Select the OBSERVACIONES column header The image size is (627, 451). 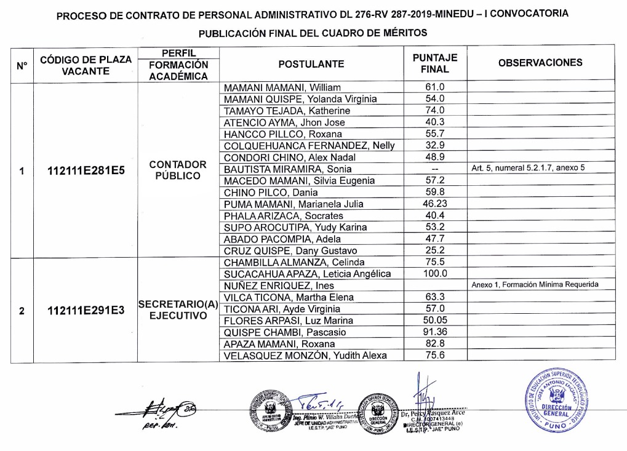pyautogui.click(x=540, y=63)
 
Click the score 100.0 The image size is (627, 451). pyautogui.click(x=435, y=274)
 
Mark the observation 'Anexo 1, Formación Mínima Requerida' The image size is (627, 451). pyautogui.click(x=535, y=285)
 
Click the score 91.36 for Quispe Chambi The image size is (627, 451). pyautogui.click(x=435, y=332)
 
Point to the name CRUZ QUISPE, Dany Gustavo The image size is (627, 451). pyautogui.click(x=290, y=251)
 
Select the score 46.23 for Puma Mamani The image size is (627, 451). pyautogui.click(x=435, y=204)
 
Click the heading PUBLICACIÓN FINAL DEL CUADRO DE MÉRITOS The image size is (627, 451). pyautogui.click(x=312, y=33)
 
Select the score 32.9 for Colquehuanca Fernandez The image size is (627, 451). pyautogui.click(x=435, y=146)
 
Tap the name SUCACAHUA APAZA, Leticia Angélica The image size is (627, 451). pyautogui.click(x=307, y=274)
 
